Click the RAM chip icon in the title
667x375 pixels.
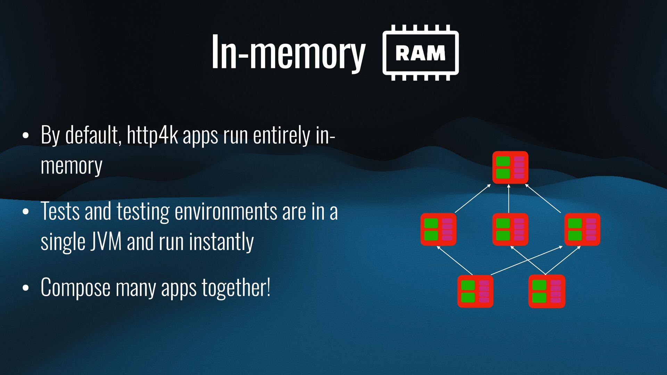click(x=420, y=53)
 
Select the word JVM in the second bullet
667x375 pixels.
click(x=106, y=241)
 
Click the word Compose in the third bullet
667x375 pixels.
click(x=75, y=288)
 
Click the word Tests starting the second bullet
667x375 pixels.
click(x=60, y=211)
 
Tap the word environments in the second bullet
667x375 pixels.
click(x=226, y=211)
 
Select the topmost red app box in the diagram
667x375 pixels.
click(x=510, y=167)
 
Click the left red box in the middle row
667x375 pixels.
click(x=438, y=230)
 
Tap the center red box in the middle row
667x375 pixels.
click(x=510, y=230)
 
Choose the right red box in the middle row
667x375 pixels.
click(x=582, y=230)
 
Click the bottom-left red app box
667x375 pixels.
click(x=475, y=291)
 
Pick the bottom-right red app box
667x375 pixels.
click(x=546, y=291)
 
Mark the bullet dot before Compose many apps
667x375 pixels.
click(x=25, y=288)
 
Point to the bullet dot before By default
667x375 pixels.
click(x=25, y=136)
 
